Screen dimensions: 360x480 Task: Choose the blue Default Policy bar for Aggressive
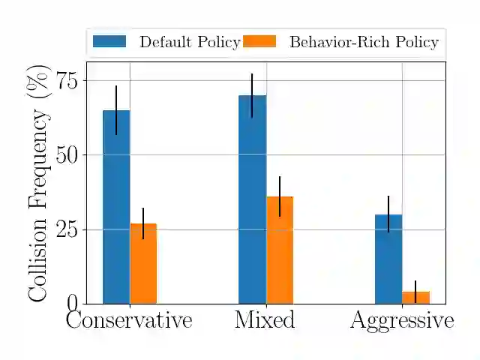tap(388, 259)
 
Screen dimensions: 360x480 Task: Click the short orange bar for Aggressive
tap(415, 297)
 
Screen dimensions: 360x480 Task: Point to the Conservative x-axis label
tap(129, 321)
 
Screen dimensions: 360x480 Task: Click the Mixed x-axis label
tap(265, 321)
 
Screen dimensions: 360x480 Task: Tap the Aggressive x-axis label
tap(402, 321)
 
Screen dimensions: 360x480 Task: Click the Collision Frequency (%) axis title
tap(38, 183)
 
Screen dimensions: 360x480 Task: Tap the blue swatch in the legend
tap(109, 42)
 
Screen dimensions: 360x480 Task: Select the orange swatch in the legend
tap(259, 42)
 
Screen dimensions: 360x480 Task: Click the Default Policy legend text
tap(189, 42)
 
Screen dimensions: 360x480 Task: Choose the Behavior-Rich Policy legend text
tap(364, 42)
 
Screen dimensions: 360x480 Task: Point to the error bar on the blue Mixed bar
tap(252, 95)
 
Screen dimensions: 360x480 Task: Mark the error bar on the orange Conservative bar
tap(143, 223)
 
